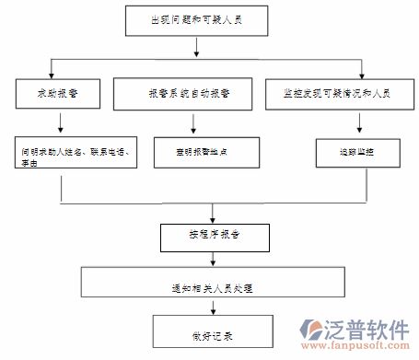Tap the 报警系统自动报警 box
[187, 94]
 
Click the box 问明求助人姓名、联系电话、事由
[76, 152]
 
